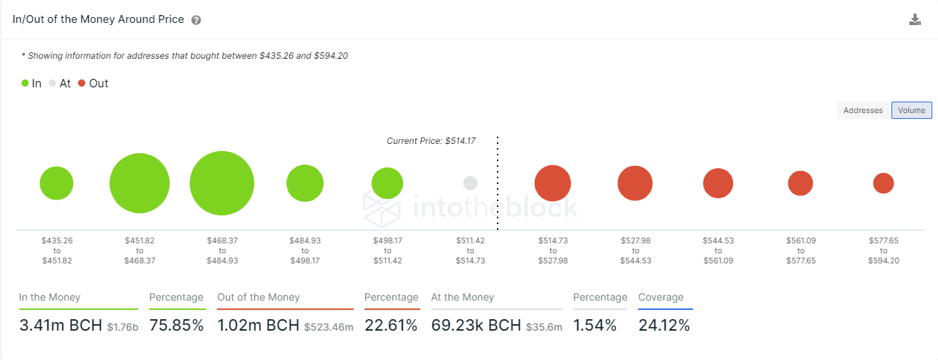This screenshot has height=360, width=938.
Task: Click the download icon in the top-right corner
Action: click(x=914, y=19)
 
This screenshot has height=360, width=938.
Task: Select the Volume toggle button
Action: click(x=912, y=110)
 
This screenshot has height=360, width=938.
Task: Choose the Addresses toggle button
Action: click(x=863, y=110)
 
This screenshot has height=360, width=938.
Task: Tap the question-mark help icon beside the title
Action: click(x=196, y=20)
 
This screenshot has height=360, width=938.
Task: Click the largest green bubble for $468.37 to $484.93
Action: click(x=222, y=183)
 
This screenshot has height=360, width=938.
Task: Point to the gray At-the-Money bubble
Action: click(x=470, y=183)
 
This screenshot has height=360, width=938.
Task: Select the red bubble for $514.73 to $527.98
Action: click(x=553, y=183)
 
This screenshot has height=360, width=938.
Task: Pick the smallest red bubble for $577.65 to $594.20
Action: click(x=884, y=183)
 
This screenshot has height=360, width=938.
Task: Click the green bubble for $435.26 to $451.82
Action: click(x=57, y=183)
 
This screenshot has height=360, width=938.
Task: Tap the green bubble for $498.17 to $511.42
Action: click(x=387, y=183)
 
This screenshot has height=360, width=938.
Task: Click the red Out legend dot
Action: click(x=82, y=83)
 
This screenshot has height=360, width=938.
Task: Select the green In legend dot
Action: click(x=25, y=83)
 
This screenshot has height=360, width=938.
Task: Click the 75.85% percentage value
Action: click(x=177, y=326)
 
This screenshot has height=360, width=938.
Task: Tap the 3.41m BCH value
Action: click(x=60, y=326)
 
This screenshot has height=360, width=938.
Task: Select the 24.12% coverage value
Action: click(x=664, y=326)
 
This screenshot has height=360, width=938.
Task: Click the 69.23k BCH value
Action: click(x=476, y=326)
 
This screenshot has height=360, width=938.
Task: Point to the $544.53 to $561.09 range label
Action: click(x=718, y=250)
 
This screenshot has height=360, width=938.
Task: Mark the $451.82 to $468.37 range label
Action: click(x=140, y=250)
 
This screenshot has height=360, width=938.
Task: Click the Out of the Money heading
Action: click(x=258, y=297)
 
